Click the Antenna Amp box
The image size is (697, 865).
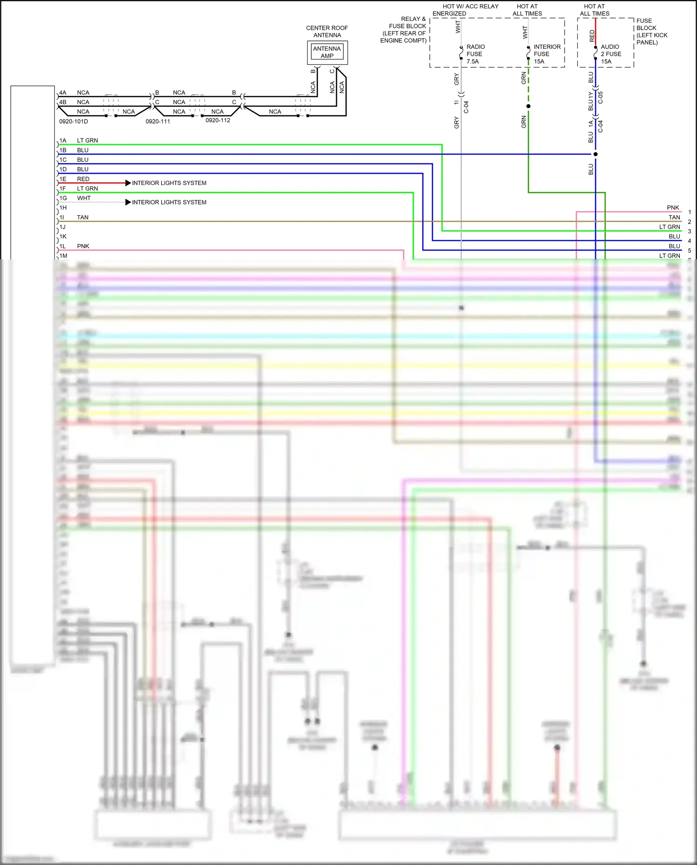[327, 52]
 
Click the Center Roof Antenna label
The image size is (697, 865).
[327, 32]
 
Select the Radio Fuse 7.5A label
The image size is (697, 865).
[475, 54]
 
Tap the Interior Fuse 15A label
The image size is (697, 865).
[546, 54]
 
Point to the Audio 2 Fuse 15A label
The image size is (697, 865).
[611, 54]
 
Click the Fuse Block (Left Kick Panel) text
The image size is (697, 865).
[651, 32]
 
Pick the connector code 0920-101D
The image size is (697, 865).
[73, 122]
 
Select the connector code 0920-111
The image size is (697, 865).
[158, 122]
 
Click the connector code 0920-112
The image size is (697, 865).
[217, 120]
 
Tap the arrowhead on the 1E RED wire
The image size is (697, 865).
[128, 183]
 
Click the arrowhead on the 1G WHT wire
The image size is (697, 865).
[128, 202]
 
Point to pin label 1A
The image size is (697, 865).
[63, 140]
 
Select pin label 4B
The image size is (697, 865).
[63, 102]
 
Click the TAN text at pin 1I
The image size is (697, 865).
[83, 218]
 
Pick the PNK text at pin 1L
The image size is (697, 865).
[83, 246]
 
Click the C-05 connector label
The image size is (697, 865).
[600, 98]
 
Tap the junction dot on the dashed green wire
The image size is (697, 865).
[528, 106]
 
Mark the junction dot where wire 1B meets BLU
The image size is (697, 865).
[596, 154]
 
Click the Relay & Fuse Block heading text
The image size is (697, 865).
[403, 30]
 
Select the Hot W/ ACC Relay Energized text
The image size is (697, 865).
[465, 10]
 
